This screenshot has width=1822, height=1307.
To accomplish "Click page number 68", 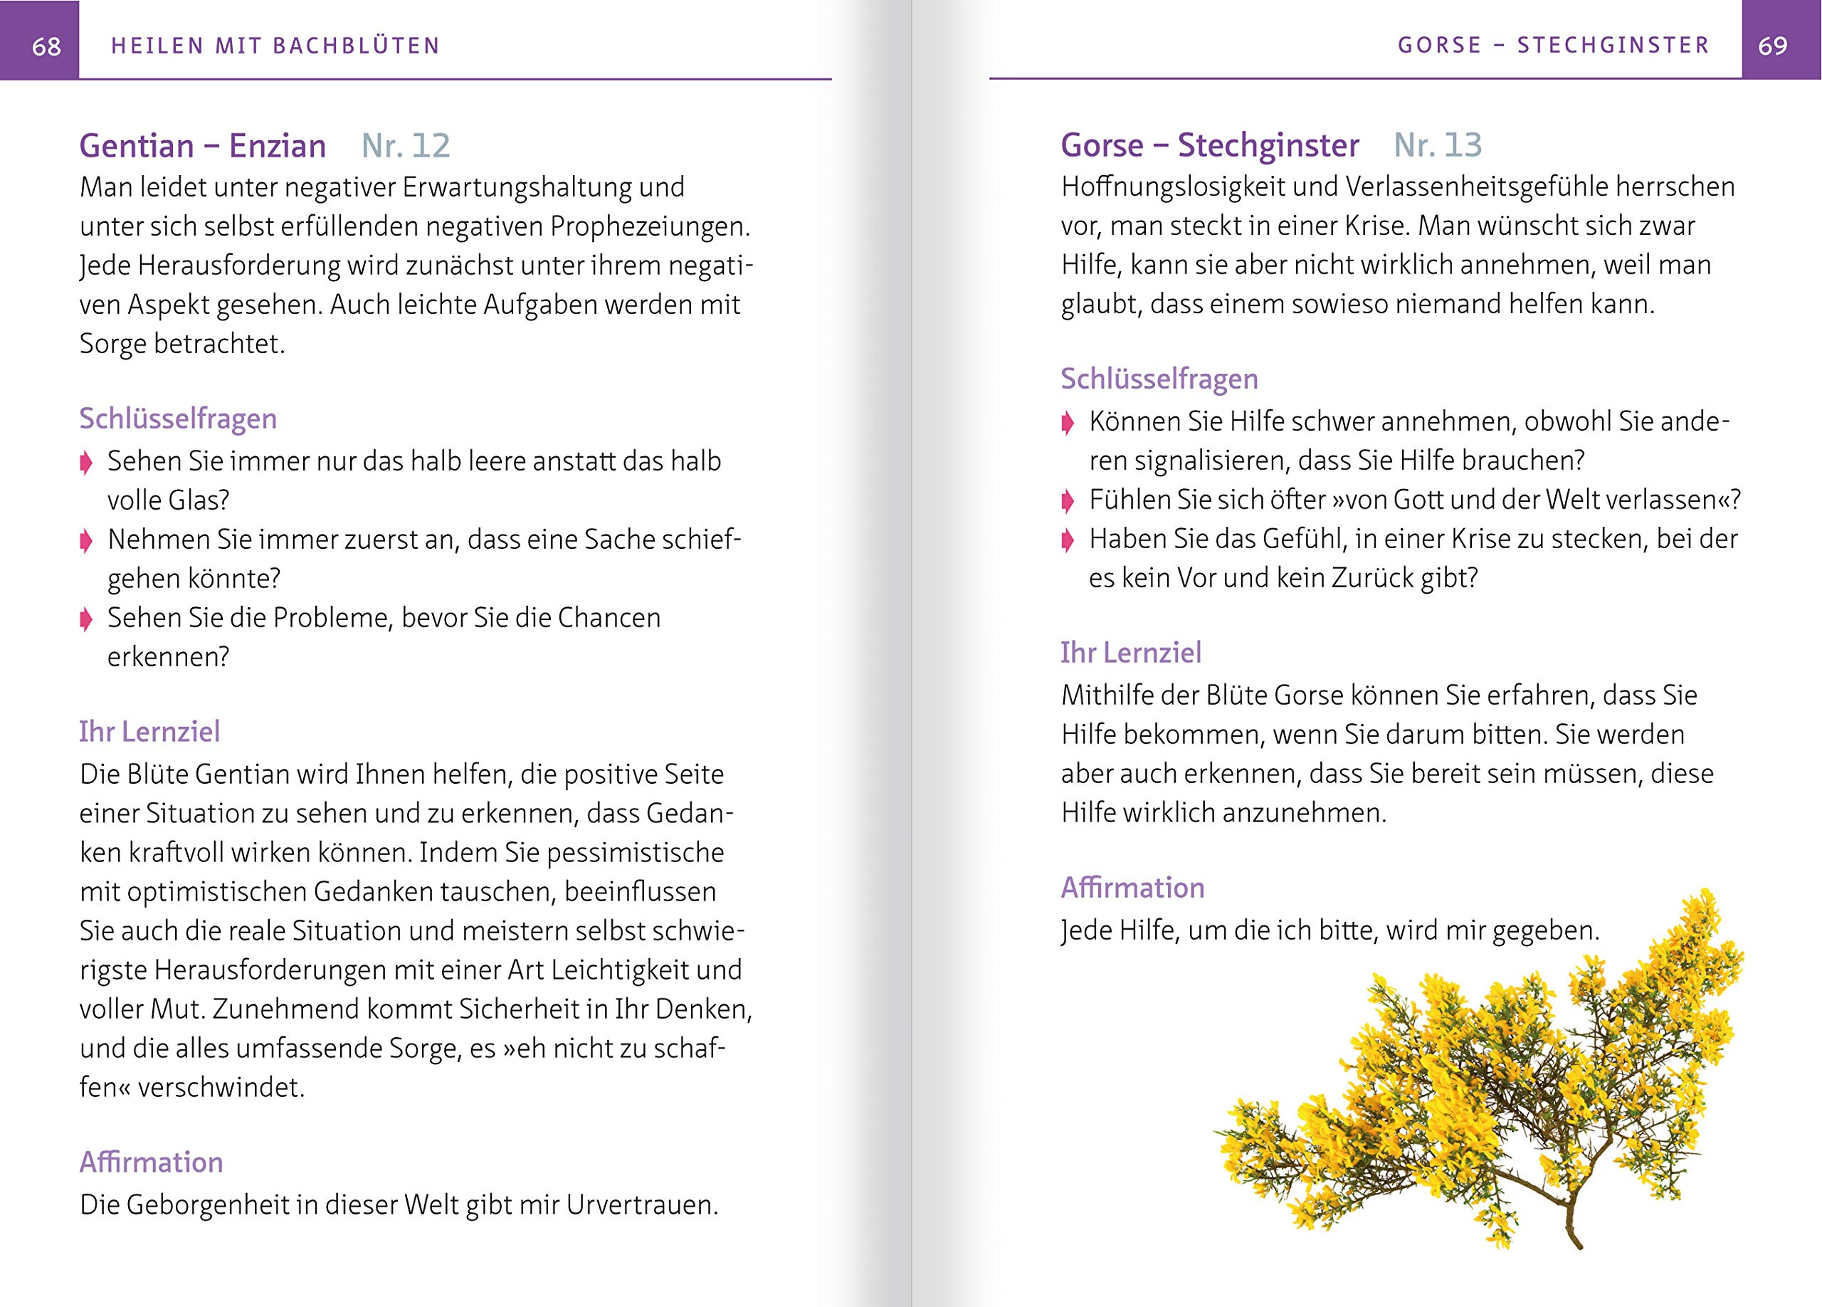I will (46, 46).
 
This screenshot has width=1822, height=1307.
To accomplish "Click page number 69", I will (1772, 46).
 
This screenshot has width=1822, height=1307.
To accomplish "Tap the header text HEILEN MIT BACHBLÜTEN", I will (275, 46).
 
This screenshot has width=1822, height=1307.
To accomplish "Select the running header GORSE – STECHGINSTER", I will (1553, 45).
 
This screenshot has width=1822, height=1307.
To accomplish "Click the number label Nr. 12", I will (406, 146).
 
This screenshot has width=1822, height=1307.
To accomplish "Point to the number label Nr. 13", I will (1437, 145).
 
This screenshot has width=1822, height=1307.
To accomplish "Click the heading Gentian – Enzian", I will (202, 146).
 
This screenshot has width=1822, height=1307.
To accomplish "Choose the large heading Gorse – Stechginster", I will (1209, 145).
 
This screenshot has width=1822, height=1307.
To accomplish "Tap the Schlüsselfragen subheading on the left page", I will (177, 419).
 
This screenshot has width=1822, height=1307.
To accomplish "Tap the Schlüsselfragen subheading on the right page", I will (1159, 379).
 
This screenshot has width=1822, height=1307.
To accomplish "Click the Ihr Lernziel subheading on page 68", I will (149, 732).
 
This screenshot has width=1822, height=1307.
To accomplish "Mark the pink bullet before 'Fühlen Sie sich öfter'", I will (1068, 502).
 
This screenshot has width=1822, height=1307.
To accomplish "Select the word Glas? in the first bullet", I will (199, 500).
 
